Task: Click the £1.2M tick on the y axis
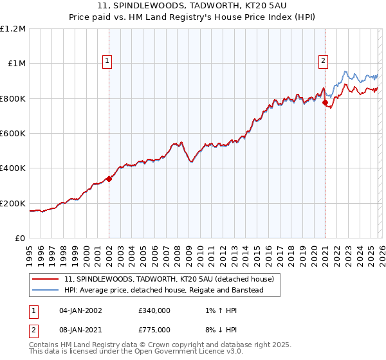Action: (14, 28)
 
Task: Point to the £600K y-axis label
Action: (14, 134)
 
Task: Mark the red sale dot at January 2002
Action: (109, 179)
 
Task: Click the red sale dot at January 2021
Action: (325, 102)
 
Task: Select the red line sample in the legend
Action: (46, 279)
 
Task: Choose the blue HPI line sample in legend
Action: (46, 290)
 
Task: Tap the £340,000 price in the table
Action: (154, 310)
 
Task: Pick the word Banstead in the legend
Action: (263, 290)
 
